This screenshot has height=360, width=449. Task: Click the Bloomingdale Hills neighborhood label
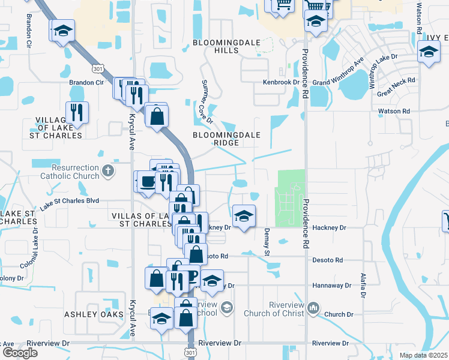(218, 47)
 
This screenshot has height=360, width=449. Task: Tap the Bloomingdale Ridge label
(226, 139)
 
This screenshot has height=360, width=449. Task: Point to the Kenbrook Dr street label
(281, 82)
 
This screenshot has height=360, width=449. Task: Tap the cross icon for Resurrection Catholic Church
(108, 171)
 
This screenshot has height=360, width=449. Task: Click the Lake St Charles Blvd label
(70, 202)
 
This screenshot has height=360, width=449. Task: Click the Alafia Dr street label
(363, 284)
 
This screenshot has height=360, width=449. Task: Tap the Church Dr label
(339, 314)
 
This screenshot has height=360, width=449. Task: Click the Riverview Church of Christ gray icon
(312, 308)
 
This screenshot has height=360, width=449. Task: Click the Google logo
(20, 353)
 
